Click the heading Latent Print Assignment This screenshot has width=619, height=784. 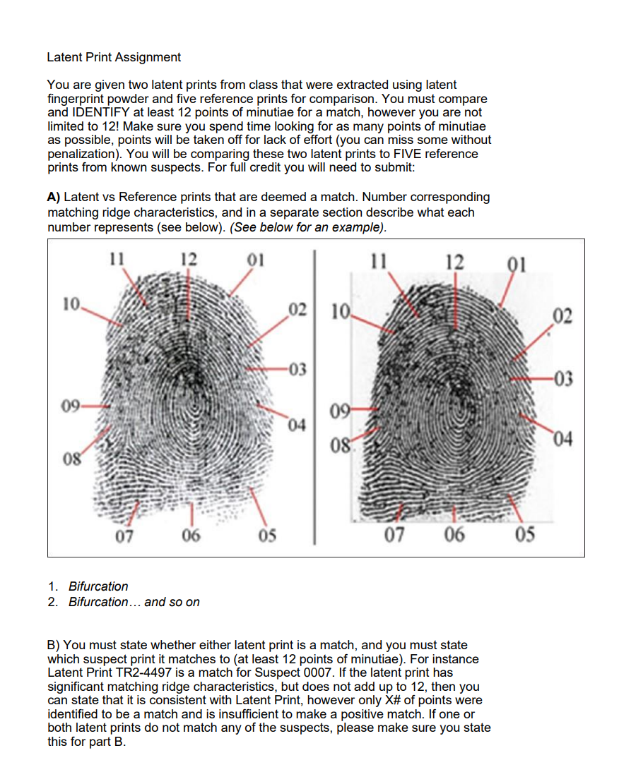(x=114, y=57)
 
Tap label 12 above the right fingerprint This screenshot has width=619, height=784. (x=454, y=261)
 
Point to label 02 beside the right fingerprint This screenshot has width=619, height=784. (x=562, y=314)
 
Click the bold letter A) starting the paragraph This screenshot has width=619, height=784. (x=54, y=198)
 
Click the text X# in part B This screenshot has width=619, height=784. (x=403, y=700)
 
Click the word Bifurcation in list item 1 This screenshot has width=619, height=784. (x=98, y=586)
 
